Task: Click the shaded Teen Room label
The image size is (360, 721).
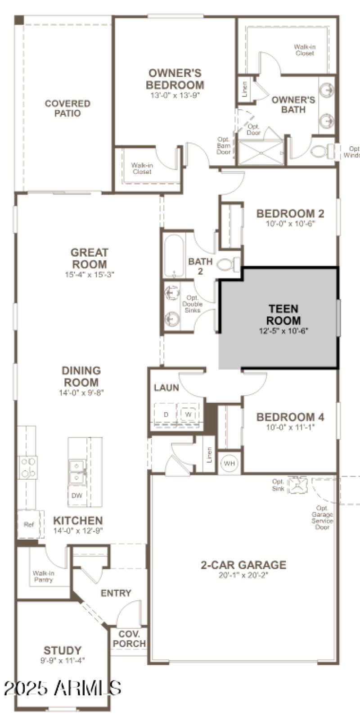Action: point(283,315)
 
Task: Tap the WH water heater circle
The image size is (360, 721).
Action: point(229,464)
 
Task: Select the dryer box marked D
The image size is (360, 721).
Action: point(166,414)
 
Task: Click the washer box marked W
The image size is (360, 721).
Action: point(188,414)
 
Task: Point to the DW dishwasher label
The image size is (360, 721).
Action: point(77,496)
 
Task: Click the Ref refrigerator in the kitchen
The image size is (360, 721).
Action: point(29,524)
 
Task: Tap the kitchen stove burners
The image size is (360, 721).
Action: point(28,467)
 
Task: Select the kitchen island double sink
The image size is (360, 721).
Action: point(76,471)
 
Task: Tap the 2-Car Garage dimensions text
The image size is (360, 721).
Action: point(243,575)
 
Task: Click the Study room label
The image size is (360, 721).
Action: point(63,650)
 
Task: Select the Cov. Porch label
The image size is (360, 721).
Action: point(129,639)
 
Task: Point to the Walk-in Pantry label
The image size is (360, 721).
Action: point(44,577)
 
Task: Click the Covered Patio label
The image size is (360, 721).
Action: point(67,108)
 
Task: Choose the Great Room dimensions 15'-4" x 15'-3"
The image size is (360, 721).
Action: point(90,274)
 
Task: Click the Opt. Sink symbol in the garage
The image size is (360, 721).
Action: point(297,485)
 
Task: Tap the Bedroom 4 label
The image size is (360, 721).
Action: point(290,417)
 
